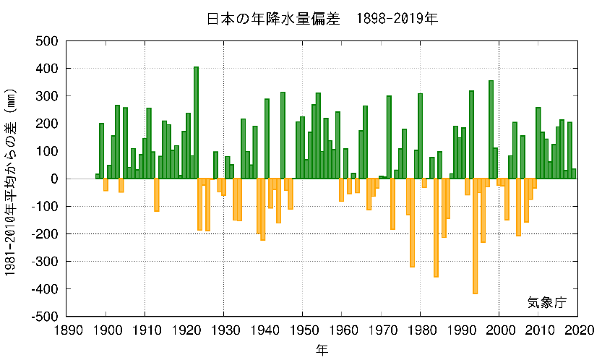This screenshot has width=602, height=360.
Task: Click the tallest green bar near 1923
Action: [x=196, y=123]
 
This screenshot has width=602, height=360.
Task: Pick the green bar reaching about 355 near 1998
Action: [x=491, y=130]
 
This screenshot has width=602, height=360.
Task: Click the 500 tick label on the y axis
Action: [x=48, y=41]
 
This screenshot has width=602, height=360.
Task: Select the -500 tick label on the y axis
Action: [x=45, y=316]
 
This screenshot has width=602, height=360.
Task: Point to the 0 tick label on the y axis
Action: [x=55, y=179]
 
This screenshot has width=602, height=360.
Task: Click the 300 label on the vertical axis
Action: [x=48, y=96]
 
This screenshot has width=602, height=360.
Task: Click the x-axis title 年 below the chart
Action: [x=322, y=349]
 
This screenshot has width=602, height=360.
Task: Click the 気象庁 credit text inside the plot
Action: [x=547, y=302]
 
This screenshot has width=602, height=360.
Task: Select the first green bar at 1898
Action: [x=98, y=176]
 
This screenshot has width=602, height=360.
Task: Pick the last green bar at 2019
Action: [x=574, y=173]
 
